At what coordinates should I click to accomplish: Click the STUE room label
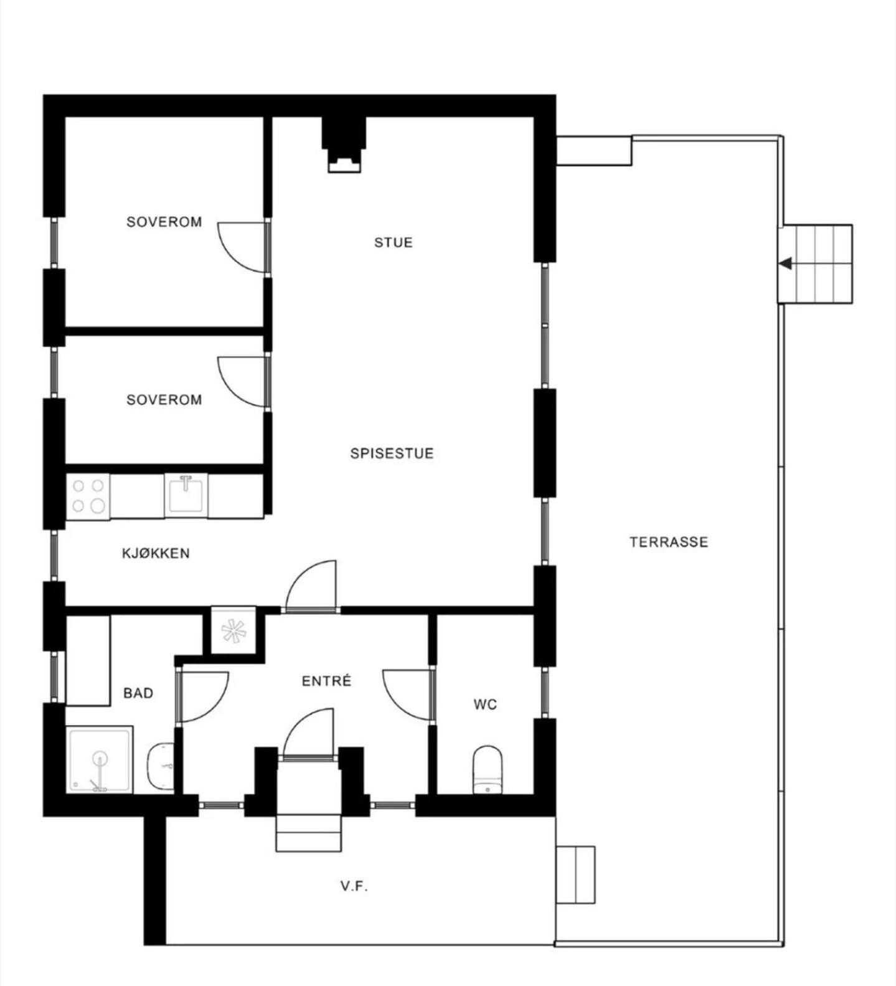point(393,242)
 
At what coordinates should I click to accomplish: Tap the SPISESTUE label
point(392,453)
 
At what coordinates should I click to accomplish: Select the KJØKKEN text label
point(156,553)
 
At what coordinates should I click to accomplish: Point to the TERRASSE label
point(669,542)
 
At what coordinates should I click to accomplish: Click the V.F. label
point(354,886)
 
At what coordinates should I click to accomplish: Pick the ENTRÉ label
point(326,681)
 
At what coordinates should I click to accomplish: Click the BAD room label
point(138,693)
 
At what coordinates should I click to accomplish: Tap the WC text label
point(485,704)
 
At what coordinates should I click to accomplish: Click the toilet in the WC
point(488,770)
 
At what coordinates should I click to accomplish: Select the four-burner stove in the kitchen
point(88,496)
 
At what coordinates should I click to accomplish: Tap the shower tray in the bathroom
point(100,760)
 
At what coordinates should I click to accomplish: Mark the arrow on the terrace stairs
point(786,264)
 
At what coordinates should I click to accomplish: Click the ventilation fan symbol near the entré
point(233,631)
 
